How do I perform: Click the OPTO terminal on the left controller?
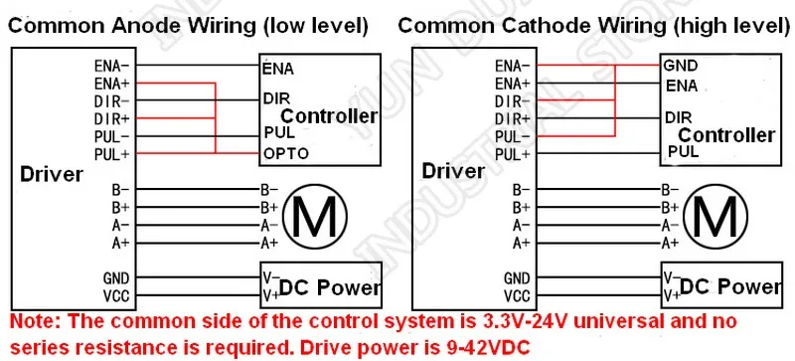tap(286, 153)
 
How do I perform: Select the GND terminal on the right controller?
tap(681, 66)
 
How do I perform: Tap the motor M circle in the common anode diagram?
tap(315, 216)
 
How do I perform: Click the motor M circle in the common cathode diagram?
tap(715, 216)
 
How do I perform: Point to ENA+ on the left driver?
tap(112, 83)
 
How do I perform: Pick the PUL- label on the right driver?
tap(513, 137)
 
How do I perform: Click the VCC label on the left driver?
tap(116, 296)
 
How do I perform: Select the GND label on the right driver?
tap(517, 278)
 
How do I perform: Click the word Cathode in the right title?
tap(543, 26)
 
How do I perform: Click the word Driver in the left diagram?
tap(52, 175)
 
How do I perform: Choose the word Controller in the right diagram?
tap(727, 135)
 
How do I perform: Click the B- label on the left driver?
tap(120, 190)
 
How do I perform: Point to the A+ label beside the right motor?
tap(669, 244)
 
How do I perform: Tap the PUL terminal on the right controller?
tap(684, 151)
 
